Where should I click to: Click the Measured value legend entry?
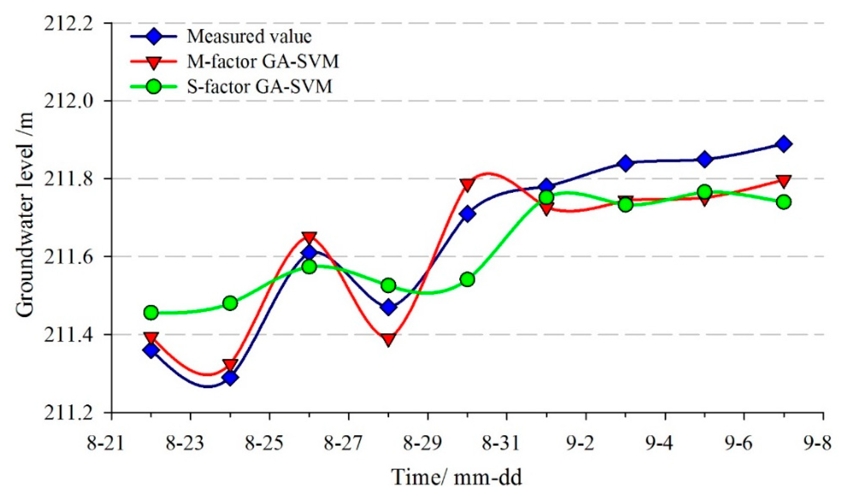coord(249,36)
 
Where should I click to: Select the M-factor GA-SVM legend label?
coord(263,62)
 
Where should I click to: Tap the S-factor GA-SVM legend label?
coord(259,87)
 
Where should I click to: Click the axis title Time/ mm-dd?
coord(456,477)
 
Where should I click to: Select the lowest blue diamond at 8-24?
coord(230,378)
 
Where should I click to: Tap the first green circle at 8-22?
coord(151,312)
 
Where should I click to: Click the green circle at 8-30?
coord(468,280)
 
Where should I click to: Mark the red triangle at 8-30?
coord(468,185)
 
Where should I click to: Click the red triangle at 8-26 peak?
coord(309,238)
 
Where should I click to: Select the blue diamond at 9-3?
coord(626,164)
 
